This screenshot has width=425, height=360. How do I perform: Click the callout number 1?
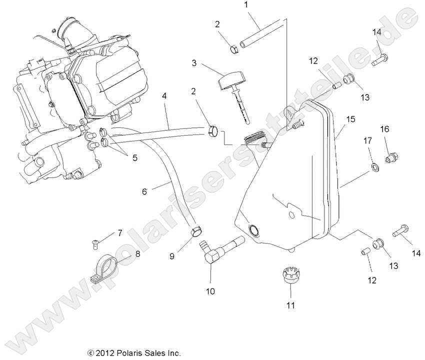click(x=246, y=5)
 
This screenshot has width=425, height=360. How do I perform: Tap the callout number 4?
click(x=164, y=94)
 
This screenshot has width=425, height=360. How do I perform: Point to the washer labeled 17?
click(x=373, y=165)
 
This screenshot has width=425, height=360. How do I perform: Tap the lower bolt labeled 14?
click(x=401, y=231)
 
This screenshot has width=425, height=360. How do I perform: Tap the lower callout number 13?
click(x=394, y=265)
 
